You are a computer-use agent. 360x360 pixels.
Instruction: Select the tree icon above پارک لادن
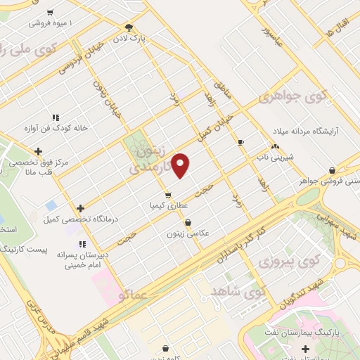[129, 28]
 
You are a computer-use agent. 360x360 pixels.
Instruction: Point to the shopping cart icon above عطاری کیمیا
[167, 195]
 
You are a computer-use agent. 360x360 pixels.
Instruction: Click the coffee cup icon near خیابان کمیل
[240, 142]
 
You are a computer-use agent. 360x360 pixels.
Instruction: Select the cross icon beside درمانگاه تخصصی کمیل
[81, 208]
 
